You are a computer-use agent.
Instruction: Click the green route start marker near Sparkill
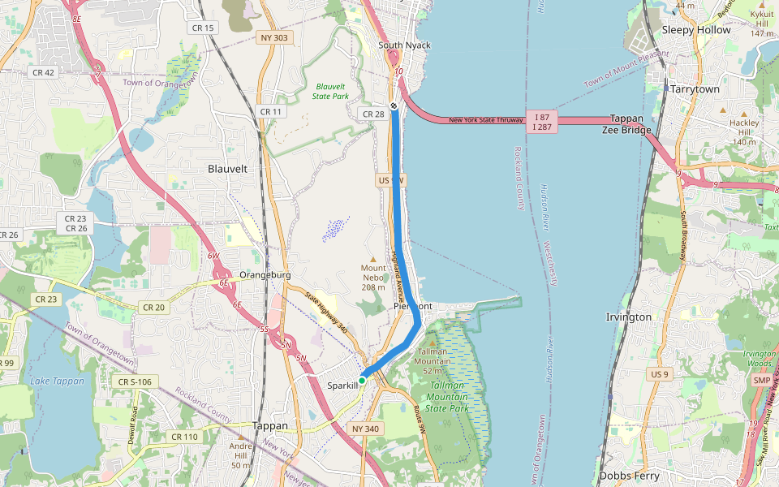(362, 380)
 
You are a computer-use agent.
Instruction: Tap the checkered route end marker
(394, 106)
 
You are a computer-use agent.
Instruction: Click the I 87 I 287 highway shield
(542, 122)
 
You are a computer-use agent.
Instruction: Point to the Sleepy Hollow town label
(696, 30)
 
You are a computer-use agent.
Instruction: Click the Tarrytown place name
(695, 89)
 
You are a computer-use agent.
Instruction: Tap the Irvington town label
(628, 317)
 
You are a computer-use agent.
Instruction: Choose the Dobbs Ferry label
(629, 476)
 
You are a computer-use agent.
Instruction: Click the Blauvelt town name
(227, 169)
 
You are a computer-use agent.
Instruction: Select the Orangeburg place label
(265, 275)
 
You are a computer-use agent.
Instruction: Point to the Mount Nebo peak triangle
(373, 259)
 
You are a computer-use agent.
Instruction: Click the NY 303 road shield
(274, 38)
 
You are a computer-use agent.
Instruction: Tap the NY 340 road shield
(365, 428)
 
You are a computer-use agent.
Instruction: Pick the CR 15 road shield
(203, 28)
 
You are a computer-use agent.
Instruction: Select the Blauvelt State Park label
(330, 91)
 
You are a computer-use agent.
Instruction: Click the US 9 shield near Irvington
(660, 374)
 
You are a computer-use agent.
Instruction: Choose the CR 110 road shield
(185, 437)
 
